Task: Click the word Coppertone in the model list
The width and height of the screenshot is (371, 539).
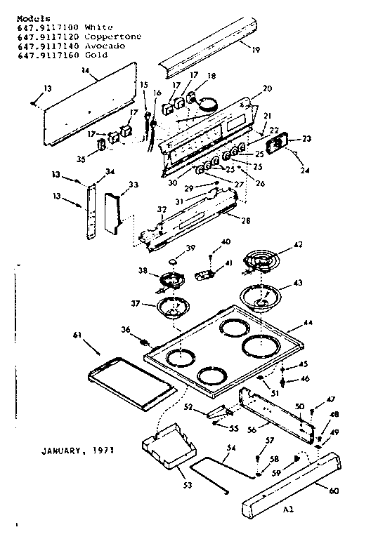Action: click(x=112, y=36)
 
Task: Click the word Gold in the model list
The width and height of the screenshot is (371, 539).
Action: click(x=96, y=54)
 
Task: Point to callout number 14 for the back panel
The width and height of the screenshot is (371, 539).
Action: click(x=84, y=71)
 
